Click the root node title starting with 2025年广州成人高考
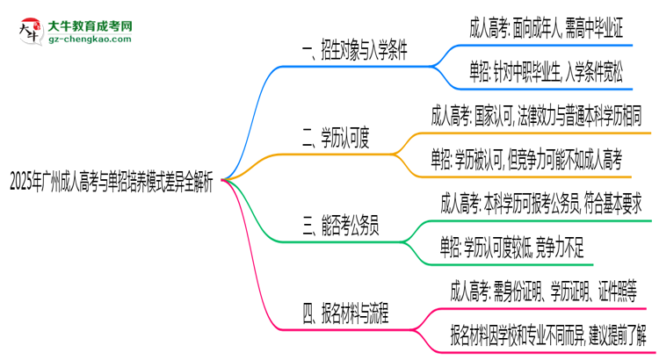click(114, 184)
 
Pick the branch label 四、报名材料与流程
click(346, 312)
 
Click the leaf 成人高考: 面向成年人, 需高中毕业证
click(547, 28)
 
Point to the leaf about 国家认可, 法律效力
click(536, 114)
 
